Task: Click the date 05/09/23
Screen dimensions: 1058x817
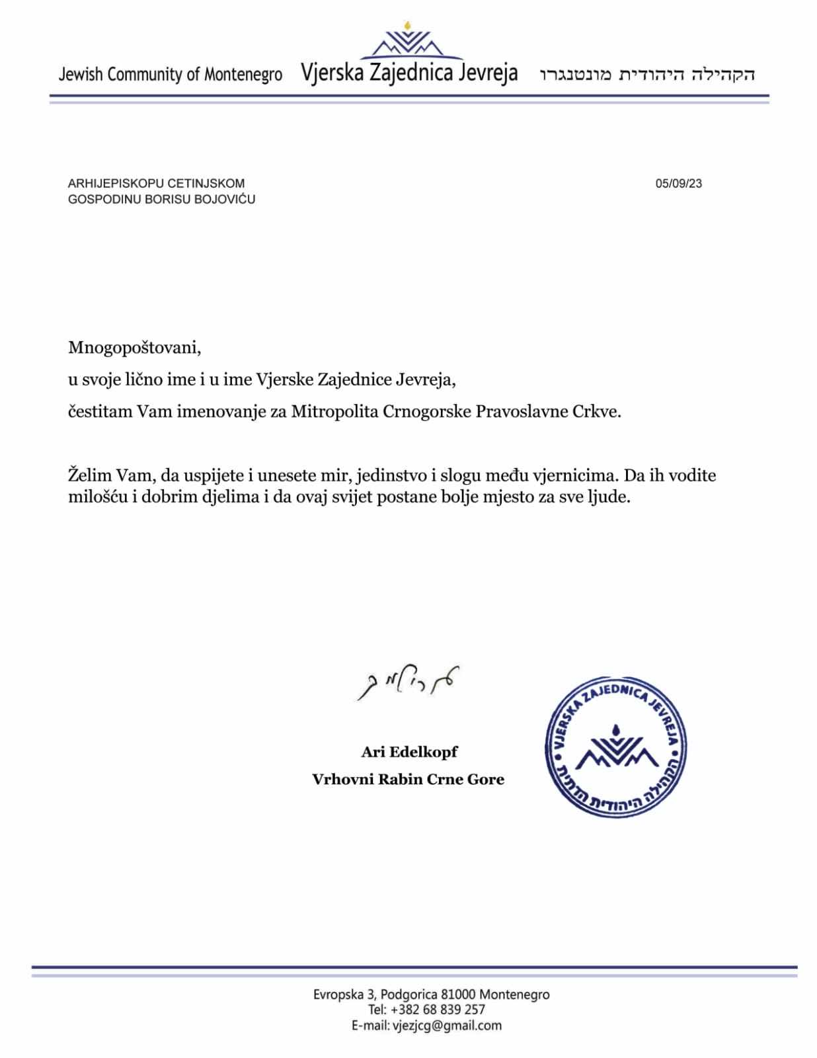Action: [x=678, y=184]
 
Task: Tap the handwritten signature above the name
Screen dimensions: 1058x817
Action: [x=407, y=682]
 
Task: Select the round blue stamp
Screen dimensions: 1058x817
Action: [x=615, y=745]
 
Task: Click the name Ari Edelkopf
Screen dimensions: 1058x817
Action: [x=409, y=752]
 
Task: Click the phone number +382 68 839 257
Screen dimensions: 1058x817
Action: [x=438, y=1010]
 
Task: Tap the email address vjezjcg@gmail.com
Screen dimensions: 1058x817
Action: [x=447, y=1026]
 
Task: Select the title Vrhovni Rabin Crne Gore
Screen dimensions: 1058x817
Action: [x=408, y=780]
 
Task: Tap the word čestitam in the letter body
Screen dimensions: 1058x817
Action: [x=100, y=411]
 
